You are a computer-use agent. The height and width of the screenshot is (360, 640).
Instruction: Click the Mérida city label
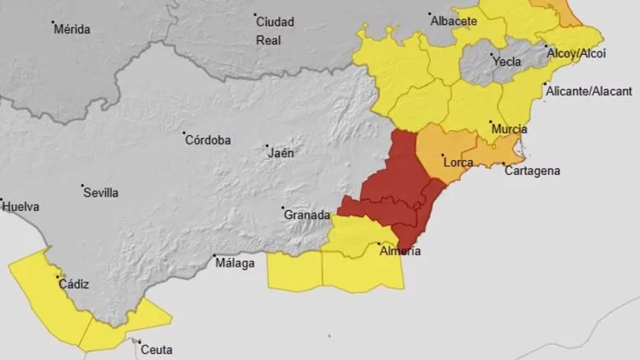(x=72, y=29)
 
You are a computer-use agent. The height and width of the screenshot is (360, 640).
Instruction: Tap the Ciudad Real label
(x=275, y=30)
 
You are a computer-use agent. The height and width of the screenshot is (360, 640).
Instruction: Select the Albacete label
(x=453, y=22)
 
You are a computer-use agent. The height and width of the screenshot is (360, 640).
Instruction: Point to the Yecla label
(x=507, y=61)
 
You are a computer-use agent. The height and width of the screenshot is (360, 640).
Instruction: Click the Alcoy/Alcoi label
(x=576, y=53)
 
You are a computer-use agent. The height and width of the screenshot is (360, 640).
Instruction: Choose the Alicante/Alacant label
(x=587, y=92)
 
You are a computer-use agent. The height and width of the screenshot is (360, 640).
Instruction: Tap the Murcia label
(x=509, y=129)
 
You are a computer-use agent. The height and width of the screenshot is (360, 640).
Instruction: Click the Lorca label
(x=458, y=162)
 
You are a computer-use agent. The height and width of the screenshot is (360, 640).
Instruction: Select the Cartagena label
(x=533, y=171)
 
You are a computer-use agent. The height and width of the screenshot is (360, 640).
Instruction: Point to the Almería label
(x=400, y=251)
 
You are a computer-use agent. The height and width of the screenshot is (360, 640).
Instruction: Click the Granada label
(x=307, y=214)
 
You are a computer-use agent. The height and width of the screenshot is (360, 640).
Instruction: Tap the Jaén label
(x=280, y=152)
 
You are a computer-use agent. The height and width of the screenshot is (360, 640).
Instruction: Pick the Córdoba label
(x=207, y=140)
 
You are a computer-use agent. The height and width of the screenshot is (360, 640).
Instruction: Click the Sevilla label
(x=101, y=192)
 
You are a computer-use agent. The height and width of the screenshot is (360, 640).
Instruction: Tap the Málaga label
(x=235, y=263)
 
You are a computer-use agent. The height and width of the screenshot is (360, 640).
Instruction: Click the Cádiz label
(x=73, y=284)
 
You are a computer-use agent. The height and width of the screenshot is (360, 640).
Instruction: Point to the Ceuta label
(x=156, y=350)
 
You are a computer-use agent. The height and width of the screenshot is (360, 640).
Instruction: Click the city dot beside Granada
(x=282, y=208)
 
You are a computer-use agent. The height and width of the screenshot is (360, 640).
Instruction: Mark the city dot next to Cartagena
(x=503, y=163)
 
